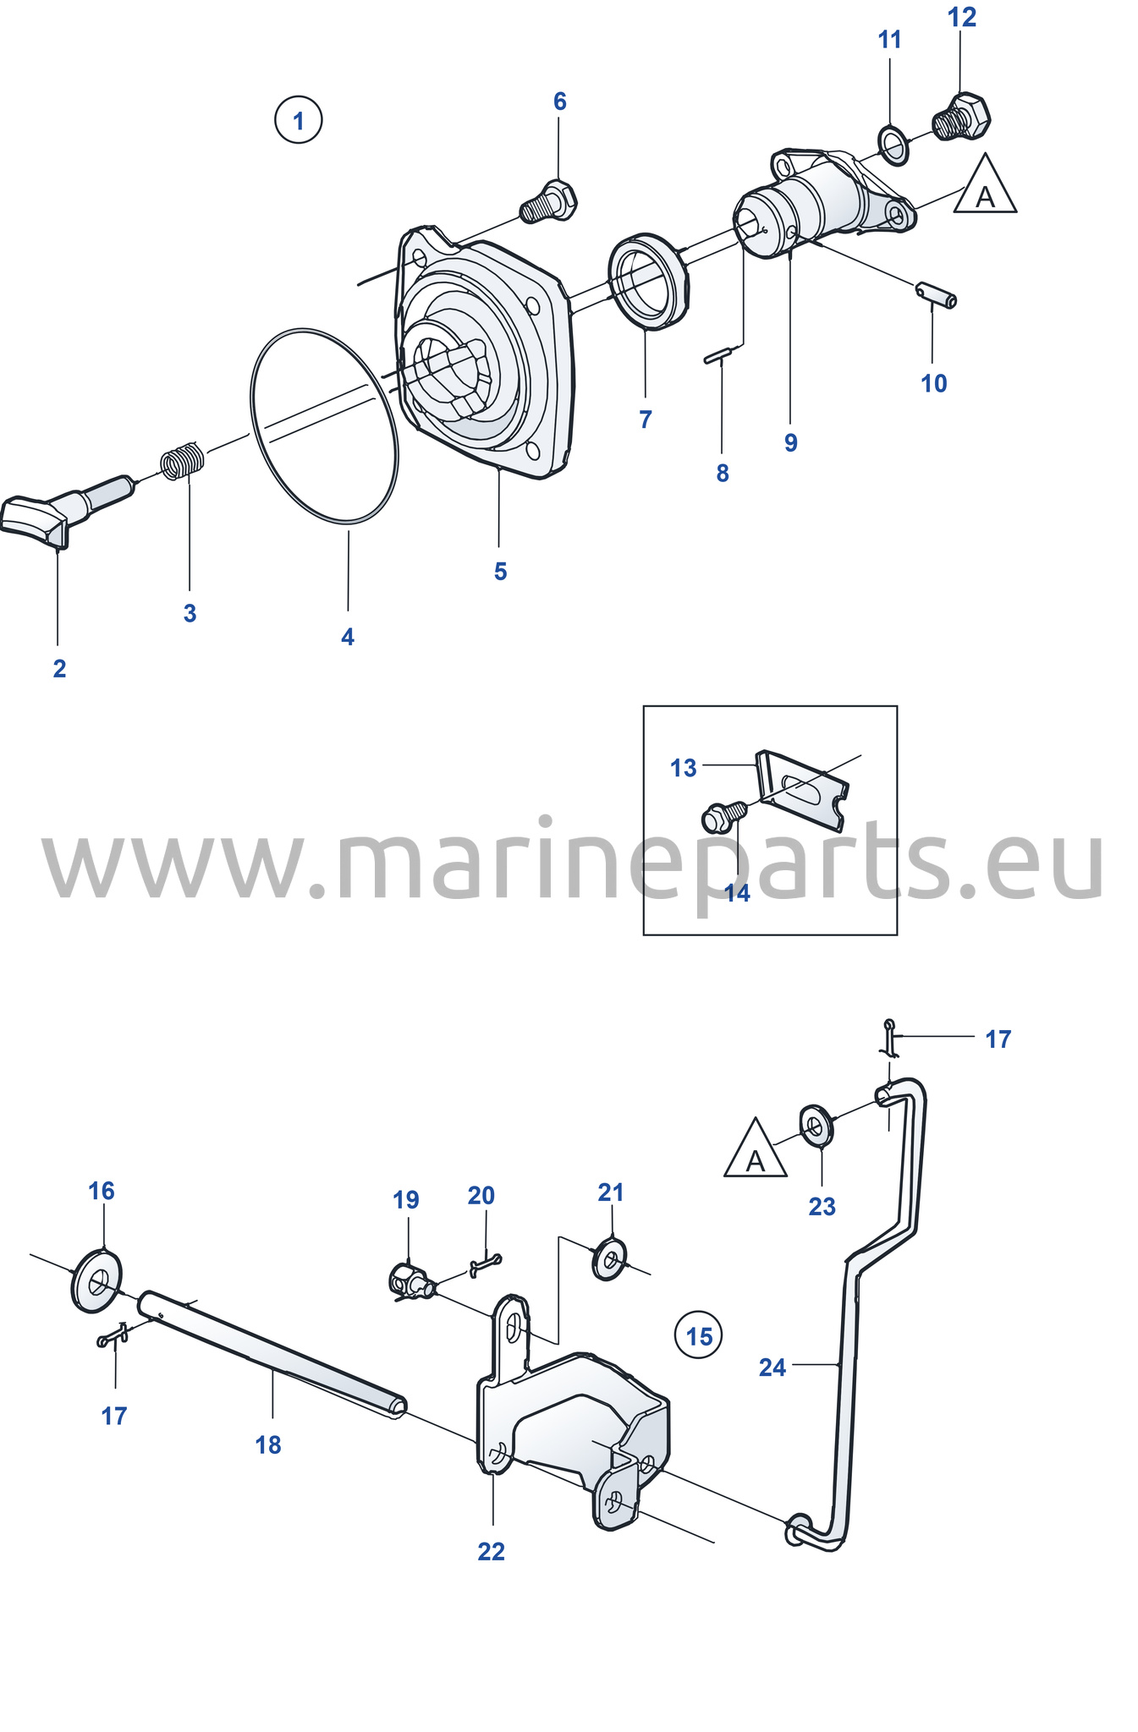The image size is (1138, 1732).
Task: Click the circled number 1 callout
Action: pyautogui.click(x=298, y=120)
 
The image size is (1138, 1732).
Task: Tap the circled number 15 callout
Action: pyautogui.click(x=699, y=1335)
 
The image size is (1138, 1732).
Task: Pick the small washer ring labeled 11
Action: pyautogui.click(x=893, y=144)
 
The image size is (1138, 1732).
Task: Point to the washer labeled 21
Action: pyautogui.click(x=610, y=1258)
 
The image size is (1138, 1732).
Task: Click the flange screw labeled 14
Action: pyautogui.click(x=723, y=817)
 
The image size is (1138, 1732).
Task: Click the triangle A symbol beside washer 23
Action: pyautogui.click(x=756, y=1149)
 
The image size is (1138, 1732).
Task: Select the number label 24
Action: pyautogui.click(x=772, y=1368)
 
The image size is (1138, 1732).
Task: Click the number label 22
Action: pyautogui.click(x=491, y=1551)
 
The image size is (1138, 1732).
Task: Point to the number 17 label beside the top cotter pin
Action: pyautogui.click(x=998, y=1039)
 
